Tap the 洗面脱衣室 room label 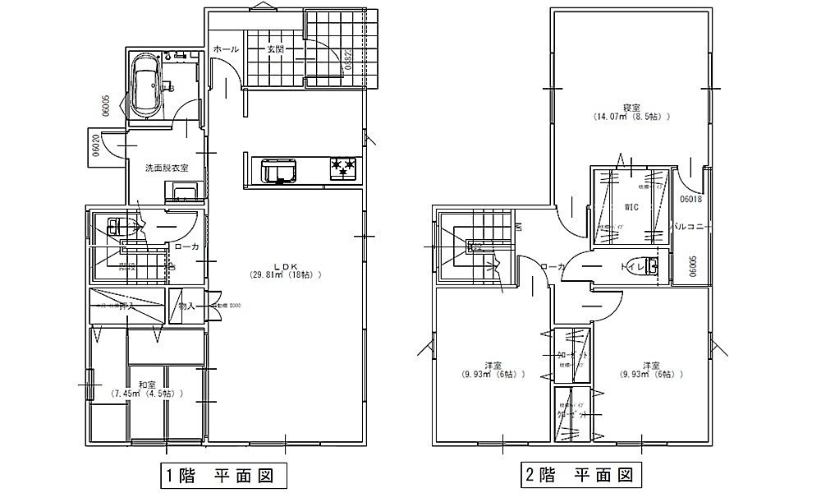pyautogui.click(x=167, y=168)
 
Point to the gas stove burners pyautogui.click(x=344, y=168)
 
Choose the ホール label pyautogui.click(x=226, y=49)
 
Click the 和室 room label pyautogui.click(x=148, y=384)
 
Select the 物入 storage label pyautogui.click(x=186, y=306)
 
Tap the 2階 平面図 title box pyautogui.click(x=579, y=475)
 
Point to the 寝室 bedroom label pyautogui.click(x=631, y=107)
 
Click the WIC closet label pyautogui.click(x=631, y=206)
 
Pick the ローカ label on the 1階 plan pyautogui.click(x=185, y=246)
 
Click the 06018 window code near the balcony pyautogui.click(x=691, y=198)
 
